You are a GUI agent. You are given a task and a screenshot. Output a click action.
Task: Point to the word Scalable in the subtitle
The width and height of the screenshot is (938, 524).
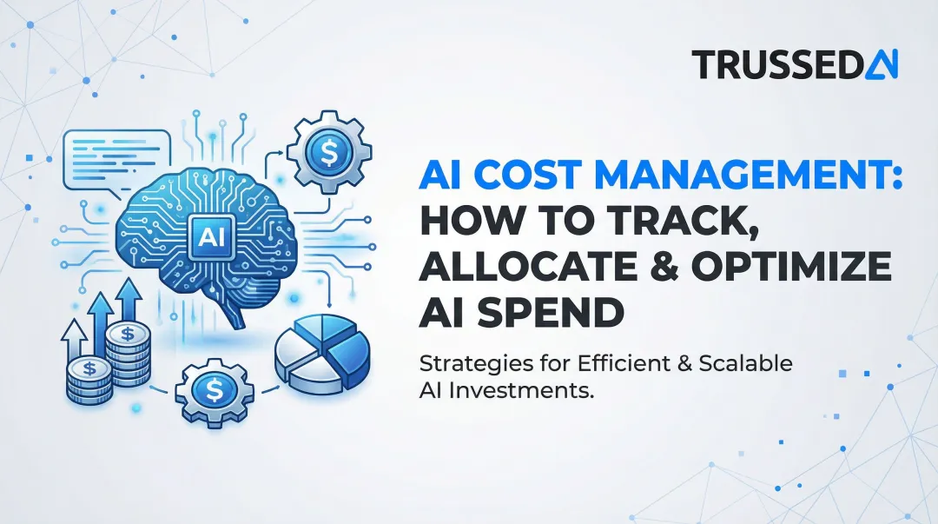point(750,363)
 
